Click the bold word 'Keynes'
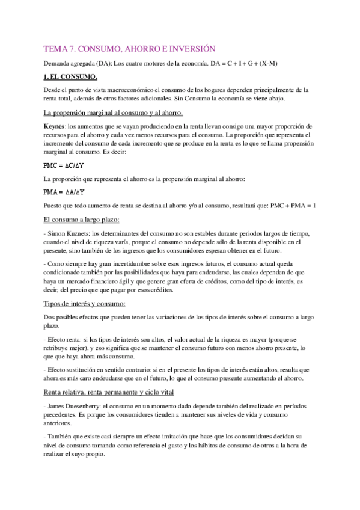(55, 127)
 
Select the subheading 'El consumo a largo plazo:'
(82, 220)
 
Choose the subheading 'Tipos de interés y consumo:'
(85, 303)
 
